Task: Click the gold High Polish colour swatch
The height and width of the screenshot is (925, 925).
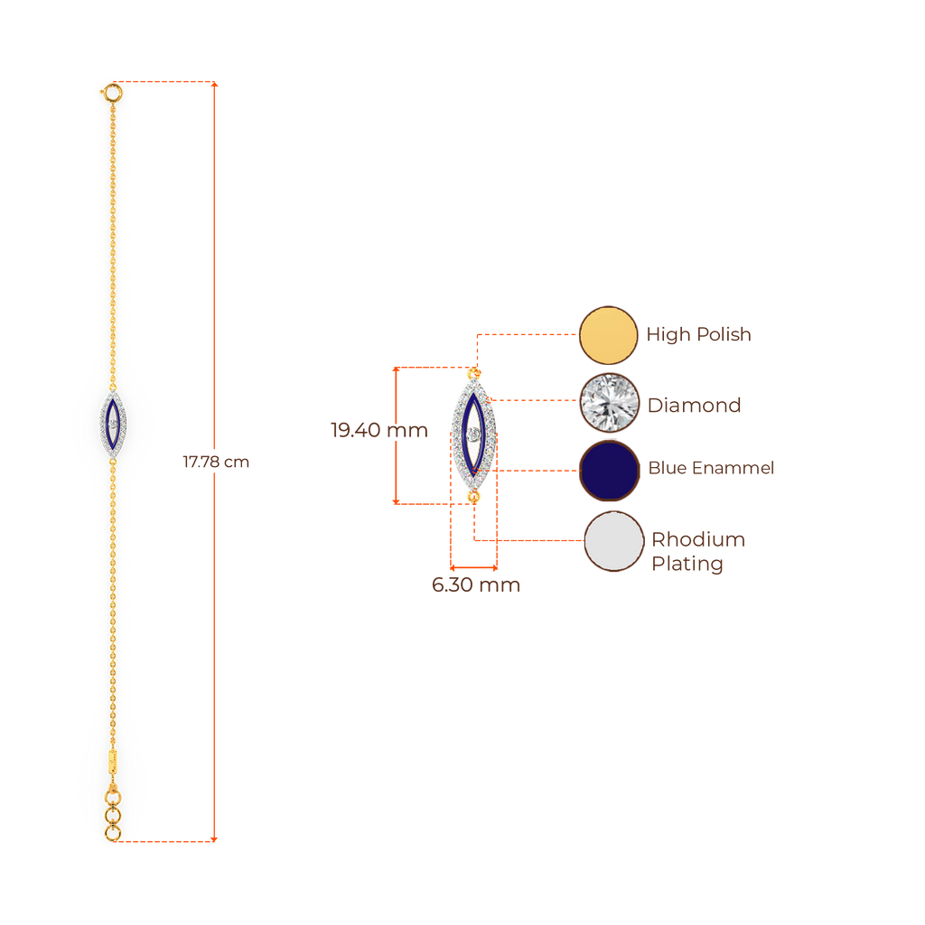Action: click(x=609, y=335)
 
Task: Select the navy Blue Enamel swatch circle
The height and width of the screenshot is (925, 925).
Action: click(x=609, y=470)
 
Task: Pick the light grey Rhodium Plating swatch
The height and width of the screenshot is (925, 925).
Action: click(x=614, y=541)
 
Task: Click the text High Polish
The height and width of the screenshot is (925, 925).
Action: click(x=698, y=335)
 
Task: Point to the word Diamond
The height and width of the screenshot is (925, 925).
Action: click(x=694, y=405)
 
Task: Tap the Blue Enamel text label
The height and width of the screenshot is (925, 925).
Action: click(x=711, y=468)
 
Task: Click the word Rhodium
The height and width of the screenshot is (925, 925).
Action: click(x=698, y=540)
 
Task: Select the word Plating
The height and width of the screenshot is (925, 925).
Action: click(x=687, y=565)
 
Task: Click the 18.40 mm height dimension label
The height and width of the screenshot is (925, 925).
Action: click(x=378, y=430)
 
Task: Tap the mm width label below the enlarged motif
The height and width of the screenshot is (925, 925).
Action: click(x=475, y=585)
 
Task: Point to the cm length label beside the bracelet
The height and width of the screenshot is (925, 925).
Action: click(x=216, y=462)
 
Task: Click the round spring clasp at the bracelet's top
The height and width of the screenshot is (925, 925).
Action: click(x=112, y=91)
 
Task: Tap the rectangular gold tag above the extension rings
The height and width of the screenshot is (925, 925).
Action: click(x=112, y=760)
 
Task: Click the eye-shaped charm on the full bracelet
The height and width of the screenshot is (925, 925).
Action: click(x=112, y=424)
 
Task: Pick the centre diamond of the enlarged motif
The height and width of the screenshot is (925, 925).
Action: click(x=473, y=434)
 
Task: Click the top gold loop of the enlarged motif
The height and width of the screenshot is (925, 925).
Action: click(x=472, y=372)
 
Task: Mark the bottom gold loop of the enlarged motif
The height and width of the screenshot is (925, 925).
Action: click(x=472, y=496)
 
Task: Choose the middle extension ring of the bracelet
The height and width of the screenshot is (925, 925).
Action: click(x=112, y=816)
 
